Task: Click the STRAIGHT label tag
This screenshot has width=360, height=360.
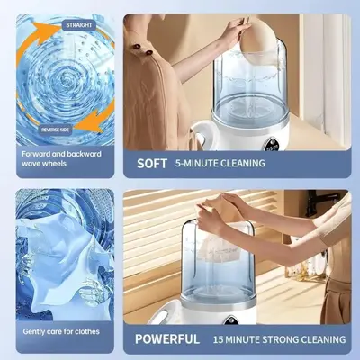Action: point(79,25)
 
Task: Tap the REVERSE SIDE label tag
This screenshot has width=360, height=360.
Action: point(55,130)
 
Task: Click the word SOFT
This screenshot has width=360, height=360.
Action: point(152,164)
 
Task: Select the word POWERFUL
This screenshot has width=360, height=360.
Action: point(167,339)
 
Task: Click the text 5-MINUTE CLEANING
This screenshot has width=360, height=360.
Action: point(220,164)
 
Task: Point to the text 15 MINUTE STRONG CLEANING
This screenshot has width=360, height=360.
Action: point(279,339)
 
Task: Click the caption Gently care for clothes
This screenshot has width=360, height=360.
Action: point(61,331)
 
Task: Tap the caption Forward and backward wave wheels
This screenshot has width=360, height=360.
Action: point(61,158)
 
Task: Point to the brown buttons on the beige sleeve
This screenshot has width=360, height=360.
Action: point(142,49)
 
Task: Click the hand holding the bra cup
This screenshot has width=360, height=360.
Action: point(236,29)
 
